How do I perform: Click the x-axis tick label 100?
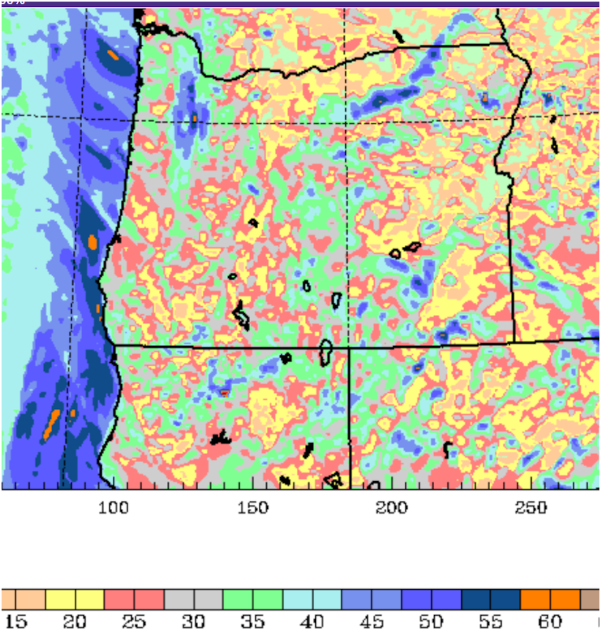(114, 508)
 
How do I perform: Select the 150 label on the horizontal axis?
(253, 508)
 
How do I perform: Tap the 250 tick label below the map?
(531, 508)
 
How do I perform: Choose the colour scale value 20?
(75, 622)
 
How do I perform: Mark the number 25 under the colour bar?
(134, 622)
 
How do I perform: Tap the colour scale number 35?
(253, 622)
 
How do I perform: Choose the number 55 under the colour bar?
(491, 622)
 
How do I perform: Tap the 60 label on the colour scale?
(550, 622)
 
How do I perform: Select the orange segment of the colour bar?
(550, 599)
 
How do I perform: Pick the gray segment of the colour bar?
(194, 599)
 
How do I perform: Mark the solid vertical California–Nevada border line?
(350, 417)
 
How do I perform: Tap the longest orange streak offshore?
(52, 424)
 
